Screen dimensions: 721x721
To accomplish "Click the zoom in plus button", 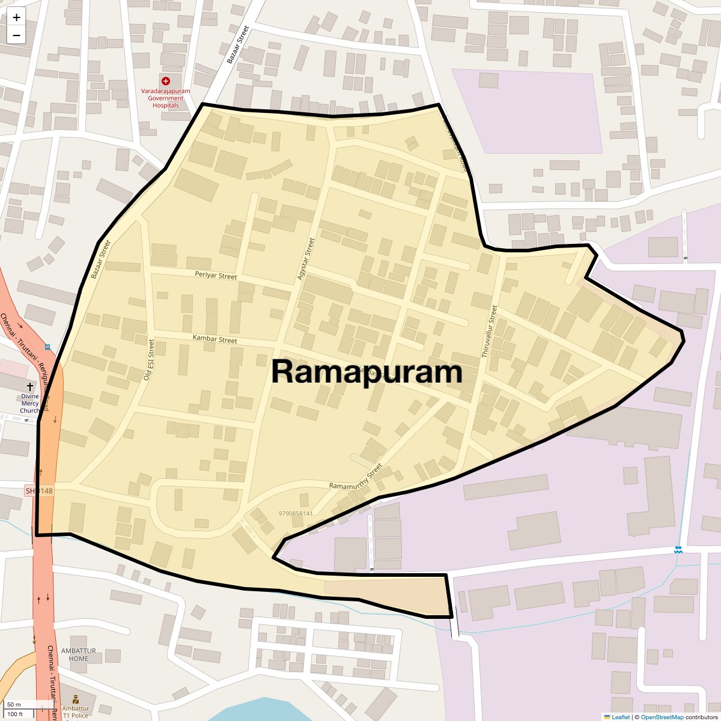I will [x=16, y=17].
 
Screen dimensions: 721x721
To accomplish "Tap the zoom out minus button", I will [x=16, y=35].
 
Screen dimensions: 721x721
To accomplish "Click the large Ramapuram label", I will [x=367, y=372].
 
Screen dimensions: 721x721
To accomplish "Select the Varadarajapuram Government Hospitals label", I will [x=166, y=98].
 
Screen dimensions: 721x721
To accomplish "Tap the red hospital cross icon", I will [x=166, y=81].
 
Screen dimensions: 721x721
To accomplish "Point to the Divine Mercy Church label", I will [x=29, y=403].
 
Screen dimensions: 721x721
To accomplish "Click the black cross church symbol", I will [x=29, y=387].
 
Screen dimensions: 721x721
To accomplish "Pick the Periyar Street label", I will [x=216, y=276].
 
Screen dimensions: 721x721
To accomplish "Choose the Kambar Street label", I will [x=214, y=339].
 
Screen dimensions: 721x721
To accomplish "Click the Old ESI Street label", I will [x=149, y=360].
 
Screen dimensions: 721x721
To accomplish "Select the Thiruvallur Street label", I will [x=489, y=332].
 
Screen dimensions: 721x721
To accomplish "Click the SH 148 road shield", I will [x=39, y=491].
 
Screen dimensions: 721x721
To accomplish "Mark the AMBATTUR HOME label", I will [x=78, y=655].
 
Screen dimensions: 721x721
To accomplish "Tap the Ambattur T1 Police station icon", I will [x=76, y=699].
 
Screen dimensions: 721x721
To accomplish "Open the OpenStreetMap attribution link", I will [x=662, y=717].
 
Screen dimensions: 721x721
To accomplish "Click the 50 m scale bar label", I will [x=14, y=704].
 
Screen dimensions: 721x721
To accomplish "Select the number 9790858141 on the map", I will [x=296, y=514].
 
